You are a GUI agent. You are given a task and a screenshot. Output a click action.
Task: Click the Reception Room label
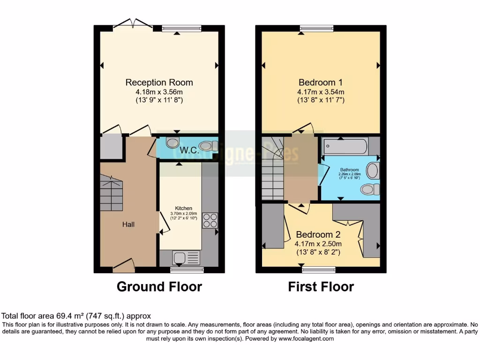(x=159, y=82)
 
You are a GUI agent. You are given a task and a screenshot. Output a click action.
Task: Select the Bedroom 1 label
(x=321, y=82)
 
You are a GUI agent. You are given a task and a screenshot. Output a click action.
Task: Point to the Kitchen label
(x=184, y=208)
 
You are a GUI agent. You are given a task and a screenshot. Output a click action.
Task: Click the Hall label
(x=128, y=225)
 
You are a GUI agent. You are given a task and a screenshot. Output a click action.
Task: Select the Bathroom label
(x=349, y=170)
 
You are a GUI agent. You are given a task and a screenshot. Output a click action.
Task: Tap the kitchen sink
(x=186, y=258)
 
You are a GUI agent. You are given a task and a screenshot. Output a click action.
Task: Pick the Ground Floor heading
(x=159, y=286)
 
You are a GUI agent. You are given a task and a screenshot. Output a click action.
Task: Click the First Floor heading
(x=321, y=286)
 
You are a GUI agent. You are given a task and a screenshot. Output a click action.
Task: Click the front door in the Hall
(x=124, y=266)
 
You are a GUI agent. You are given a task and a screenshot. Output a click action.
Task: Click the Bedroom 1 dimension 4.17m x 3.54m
(x=321, y=92)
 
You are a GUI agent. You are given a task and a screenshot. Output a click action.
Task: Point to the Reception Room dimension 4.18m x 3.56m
(x=159, y=92)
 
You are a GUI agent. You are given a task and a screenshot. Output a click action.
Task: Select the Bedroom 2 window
(x=319, y=269)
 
